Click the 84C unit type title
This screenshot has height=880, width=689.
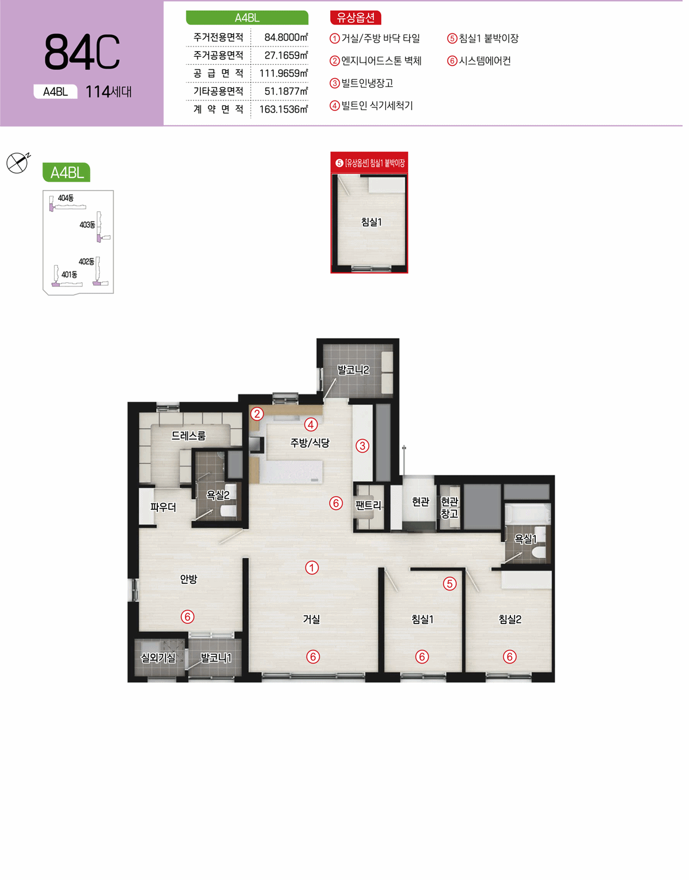click(x=82, y=52)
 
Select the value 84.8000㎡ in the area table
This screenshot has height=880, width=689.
click(x=286, y=37)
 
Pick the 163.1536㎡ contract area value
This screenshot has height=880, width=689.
click(x=284, y=109)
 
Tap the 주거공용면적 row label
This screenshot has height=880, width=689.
click(x=218, y=55)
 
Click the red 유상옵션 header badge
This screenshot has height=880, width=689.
click(x=355, y=18)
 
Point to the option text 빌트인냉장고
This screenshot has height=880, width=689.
click(x=367, y=83)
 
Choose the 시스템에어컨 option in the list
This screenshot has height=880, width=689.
click(x=485, y=61)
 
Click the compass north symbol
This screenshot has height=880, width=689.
click(x=18, y=162)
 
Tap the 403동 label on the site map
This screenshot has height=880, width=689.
click(x=87, y=225)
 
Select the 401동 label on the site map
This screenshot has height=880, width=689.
click(x=69, y=274)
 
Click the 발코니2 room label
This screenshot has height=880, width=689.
click(x=353, y=370)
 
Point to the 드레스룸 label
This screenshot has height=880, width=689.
click(x=189, y=436)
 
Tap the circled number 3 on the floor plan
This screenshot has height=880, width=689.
click(x=362, y=446)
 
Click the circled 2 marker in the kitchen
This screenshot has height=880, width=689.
click(x=257, y=414)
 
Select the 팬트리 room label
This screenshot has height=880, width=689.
click(x=368, y=505)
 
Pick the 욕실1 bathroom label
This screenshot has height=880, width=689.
click(x=525, y=538)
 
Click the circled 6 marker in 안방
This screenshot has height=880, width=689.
click(x=188, y=617)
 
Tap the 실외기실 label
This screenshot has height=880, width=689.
click(x=158, y=658)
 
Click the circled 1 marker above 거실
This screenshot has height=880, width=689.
click(x=312, y=568)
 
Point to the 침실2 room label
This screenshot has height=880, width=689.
click(x=510, y=619)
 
